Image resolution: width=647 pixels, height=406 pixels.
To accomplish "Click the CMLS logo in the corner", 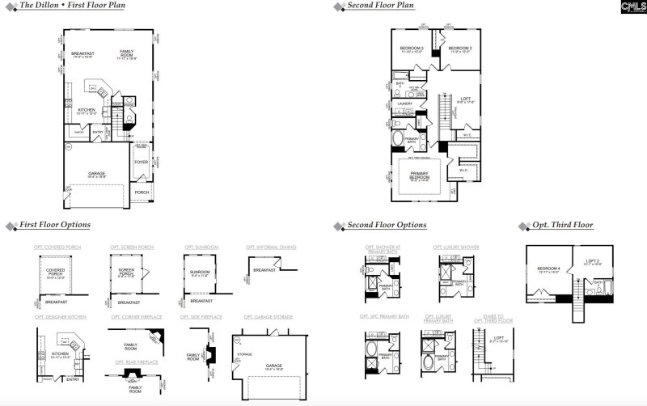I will (x=630, y=7).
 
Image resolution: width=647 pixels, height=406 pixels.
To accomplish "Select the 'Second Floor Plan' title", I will (x=380, y=6).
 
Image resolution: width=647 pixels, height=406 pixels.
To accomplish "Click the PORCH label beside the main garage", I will (x=142, y=192).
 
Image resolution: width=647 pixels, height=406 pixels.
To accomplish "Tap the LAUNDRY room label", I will (x=405, y=104).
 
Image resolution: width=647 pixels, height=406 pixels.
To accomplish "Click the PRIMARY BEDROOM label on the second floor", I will (x=419, y=175).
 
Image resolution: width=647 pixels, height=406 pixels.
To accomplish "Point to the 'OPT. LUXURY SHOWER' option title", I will (x=455, y=247).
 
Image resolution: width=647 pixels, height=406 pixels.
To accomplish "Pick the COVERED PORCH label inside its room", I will (x=55, y=273).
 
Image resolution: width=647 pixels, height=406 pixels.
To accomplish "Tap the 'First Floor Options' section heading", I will (x=55, y=225).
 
